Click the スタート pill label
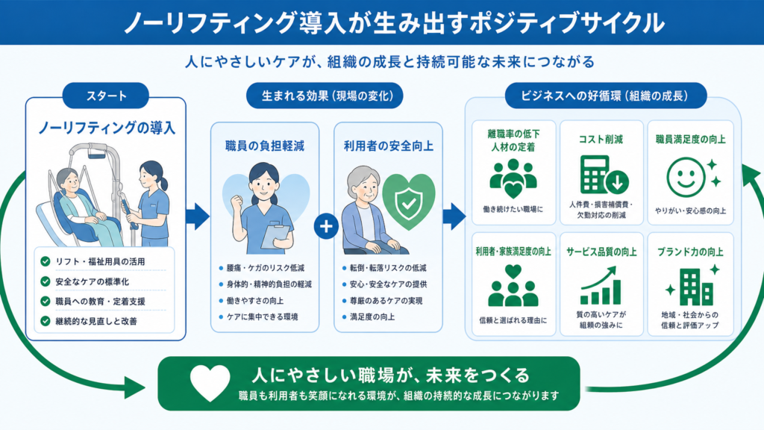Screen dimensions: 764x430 coord(106,96)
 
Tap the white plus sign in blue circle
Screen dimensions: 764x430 coord(326,226)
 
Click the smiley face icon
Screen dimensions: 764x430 coord(686,177)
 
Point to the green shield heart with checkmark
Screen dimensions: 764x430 coord(408,202)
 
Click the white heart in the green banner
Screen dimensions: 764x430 coord(210,383)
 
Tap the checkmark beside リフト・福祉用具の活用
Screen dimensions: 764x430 coord(46,262)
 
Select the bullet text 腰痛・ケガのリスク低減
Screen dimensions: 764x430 coord(266,268)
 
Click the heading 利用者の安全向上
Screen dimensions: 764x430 coord(388,146)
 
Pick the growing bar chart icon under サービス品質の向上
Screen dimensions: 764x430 coord(601,285)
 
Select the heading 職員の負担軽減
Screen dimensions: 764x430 coord(265,146)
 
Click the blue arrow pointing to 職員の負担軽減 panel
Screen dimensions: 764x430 coord(197,216)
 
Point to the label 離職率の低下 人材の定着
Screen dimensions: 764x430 coord(513,140)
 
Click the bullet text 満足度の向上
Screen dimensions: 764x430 coord(372,317)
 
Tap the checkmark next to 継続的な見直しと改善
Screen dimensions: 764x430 coord(46,321)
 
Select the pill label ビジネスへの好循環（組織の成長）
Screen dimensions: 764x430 coord(605,96)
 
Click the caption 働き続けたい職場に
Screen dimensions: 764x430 coord(513,209)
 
